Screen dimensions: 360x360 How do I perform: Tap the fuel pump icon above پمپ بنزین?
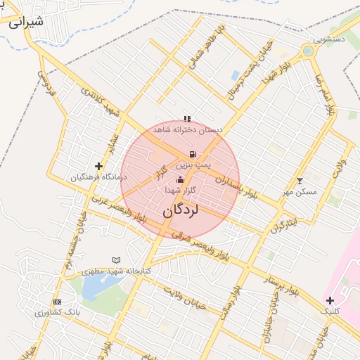(192, 154)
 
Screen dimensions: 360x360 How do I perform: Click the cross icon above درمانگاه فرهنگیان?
(98, 167)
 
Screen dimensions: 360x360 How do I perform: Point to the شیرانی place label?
(26, 20)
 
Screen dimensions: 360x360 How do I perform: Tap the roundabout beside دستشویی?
(308, 51)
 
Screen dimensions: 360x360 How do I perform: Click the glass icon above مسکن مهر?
(301, 181)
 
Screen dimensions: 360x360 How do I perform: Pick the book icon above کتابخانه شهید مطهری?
(117, 260)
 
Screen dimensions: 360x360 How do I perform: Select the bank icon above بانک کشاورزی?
(57, 301)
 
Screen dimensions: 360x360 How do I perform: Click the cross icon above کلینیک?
(330, 300)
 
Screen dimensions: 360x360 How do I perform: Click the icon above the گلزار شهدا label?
(180, 180)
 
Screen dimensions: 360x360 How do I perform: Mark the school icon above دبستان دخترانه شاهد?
(186, 119)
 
